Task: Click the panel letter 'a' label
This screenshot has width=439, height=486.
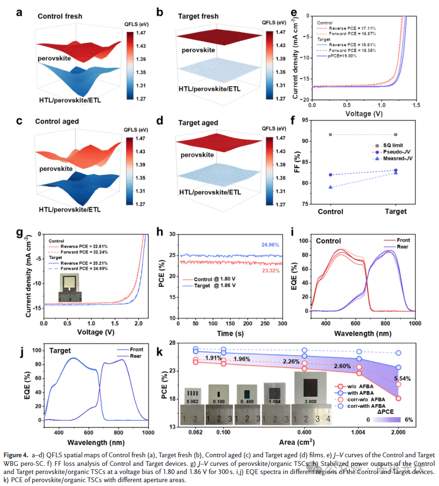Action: point(19,13)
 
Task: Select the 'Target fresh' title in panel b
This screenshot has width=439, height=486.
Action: point(198,16)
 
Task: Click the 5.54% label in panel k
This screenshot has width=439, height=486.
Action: point(402,379)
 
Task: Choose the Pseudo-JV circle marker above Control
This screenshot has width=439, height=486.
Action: point(330,175)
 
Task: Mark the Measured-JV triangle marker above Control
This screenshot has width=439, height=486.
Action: point(330,187)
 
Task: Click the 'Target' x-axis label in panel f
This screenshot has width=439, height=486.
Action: point(396,211)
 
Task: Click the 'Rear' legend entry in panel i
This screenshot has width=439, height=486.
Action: point(403,248)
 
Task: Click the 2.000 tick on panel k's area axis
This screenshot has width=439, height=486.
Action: point(399,434)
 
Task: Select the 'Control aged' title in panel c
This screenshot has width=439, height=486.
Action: point(57,122)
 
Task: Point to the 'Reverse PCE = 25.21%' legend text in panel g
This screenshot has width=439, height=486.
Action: point(76,263)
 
